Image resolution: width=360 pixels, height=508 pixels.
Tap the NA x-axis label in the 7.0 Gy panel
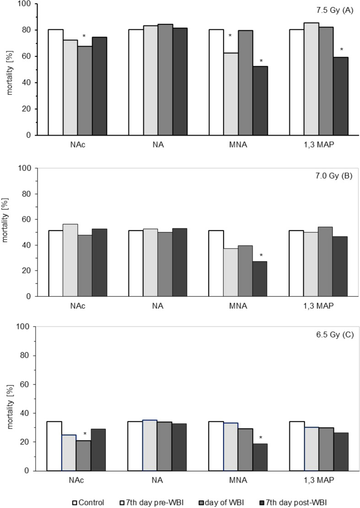157,306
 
